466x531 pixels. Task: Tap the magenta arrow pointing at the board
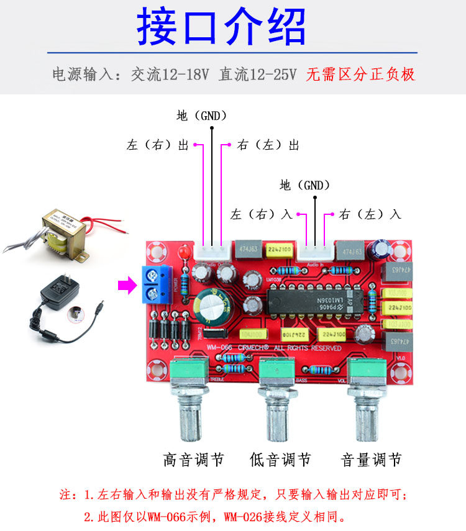pyautogui.click(x=127, y=285)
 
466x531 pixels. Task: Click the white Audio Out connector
pyautogui.click(x=211, y=252)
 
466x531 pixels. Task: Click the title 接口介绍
pyautogui.click(x=222, y=29)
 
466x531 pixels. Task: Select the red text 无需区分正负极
pyautogui.click(x=360, y=75)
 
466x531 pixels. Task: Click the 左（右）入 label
pyautogui.click(x=261, y=214)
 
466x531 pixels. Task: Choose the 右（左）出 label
pyautogui.click(x=268, y=145)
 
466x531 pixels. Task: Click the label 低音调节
pyautogui.click(x=280, y=460)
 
